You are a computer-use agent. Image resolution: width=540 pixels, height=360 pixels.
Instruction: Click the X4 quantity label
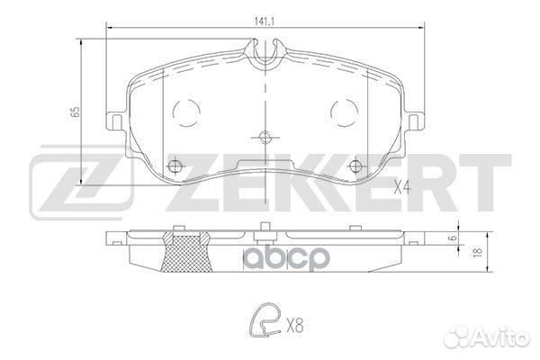405,188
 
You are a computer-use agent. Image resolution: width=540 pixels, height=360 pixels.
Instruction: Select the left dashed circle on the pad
186,112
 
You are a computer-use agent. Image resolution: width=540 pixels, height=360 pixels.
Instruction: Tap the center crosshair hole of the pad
265,138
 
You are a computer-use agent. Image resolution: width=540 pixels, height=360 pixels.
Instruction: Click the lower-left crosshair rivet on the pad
175,165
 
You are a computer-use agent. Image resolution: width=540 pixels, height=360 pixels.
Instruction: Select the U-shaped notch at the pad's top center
265,56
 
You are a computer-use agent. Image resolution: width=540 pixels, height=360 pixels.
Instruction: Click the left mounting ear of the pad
115,121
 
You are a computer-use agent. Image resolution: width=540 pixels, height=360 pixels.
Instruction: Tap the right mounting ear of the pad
414,121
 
